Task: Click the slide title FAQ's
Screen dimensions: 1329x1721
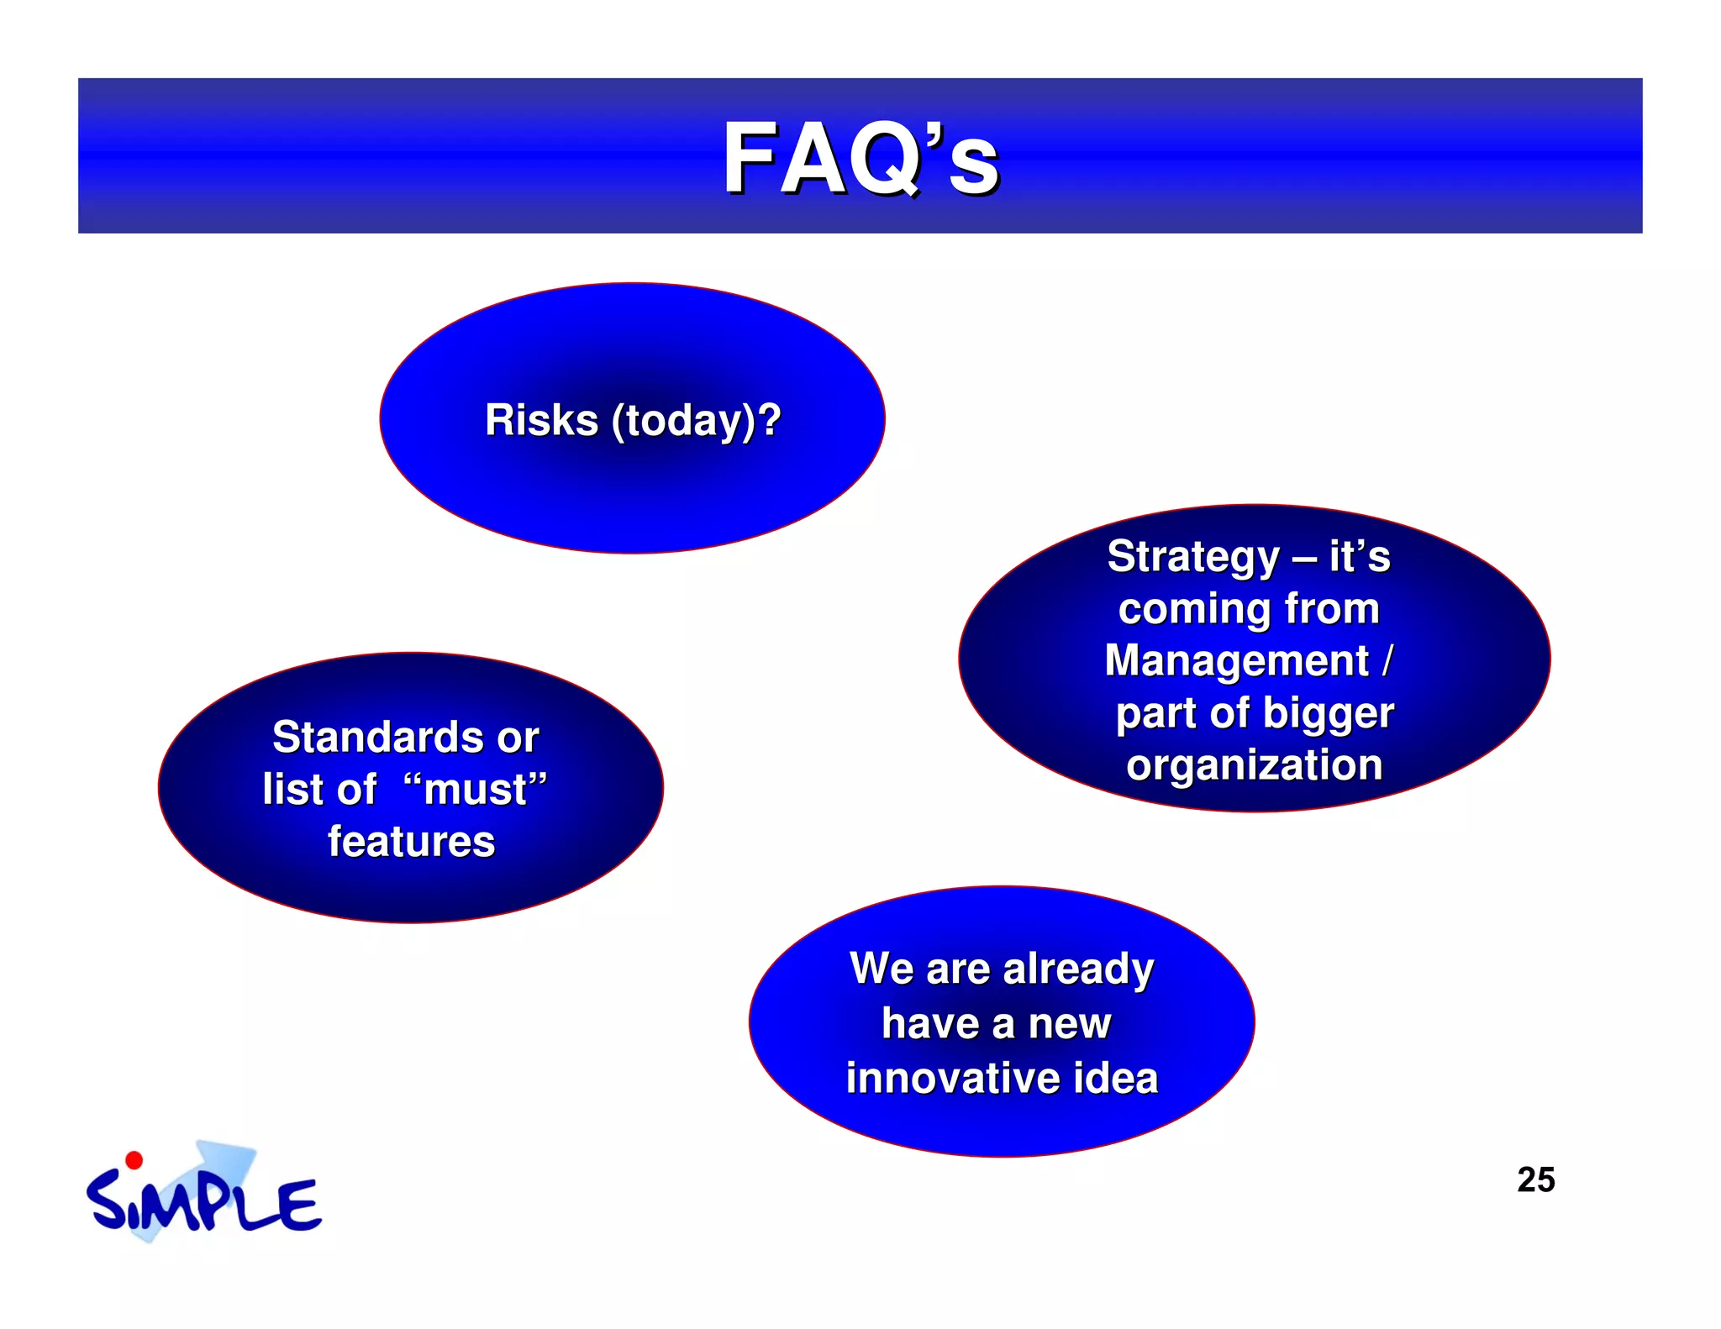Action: [x=860, y=159]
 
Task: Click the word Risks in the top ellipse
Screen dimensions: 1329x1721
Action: [x=541, y=419]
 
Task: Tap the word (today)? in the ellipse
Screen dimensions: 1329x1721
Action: [x=697, y=421]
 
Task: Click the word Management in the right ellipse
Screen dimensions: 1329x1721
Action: [x=1236, y=660]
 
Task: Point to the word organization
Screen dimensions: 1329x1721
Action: [x=1254, y=765]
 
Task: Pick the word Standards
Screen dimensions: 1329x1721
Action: [x=379, y=737]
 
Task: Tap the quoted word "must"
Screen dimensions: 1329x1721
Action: [x=476, y=789]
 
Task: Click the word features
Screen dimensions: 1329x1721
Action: [x=411, y=841]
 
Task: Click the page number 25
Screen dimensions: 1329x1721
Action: [x=1535, y=1179]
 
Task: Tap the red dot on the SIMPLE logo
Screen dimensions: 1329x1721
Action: [x=134, y=1160]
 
